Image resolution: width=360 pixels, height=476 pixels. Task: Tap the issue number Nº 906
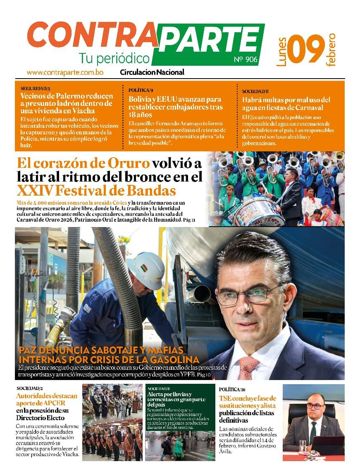(246, 60)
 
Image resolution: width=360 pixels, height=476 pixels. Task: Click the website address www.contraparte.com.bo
(65, 72)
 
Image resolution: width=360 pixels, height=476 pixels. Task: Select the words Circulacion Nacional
(152, 72)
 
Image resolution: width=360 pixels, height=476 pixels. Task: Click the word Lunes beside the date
(282, 52)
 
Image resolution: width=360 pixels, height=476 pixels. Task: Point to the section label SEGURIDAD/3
(35, 89)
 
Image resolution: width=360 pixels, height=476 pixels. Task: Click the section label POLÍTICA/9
(141, 90)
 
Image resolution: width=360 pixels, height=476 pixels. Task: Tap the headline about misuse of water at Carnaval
(286, 103)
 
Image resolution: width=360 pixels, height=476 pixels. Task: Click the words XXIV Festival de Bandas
(96, 191)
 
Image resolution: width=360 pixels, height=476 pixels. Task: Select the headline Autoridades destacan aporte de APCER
(47, 399)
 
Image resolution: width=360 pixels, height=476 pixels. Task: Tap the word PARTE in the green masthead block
(209, 40)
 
